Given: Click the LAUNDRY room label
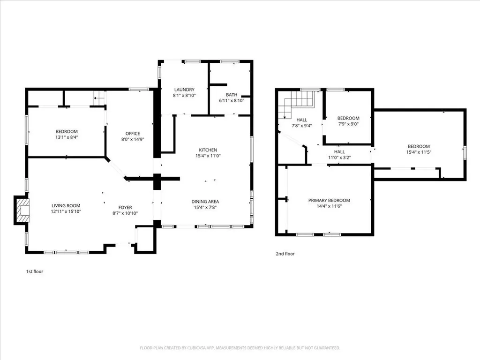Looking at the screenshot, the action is point(184,90).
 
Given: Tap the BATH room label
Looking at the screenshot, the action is point(232,95).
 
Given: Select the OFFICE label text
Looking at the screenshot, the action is point(133,134).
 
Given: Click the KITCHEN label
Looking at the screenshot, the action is point(208,150).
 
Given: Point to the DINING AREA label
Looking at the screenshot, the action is point(205,202).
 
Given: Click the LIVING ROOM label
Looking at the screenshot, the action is point(66,206).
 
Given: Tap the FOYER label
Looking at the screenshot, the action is point(125,208).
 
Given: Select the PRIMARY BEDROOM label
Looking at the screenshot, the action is point(329,201).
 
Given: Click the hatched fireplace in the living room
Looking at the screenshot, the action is point(23,210).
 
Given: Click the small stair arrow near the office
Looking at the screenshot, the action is point(98,98).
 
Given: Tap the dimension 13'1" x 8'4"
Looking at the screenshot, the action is point(67,137).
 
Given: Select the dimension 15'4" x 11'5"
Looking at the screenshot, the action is point(419,152).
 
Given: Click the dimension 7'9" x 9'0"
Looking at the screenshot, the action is point(348,124).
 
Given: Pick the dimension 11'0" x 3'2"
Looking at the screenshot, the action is point(339,157).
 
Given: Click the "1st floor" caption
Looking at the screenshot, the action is point(35,271).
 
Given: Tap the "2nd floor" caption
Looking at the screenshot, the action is point(285,254).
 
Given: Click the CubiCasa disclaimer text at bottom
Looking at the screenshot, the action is point(240,348).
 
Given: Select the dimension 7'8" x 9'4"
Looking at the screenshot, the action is point(301,126).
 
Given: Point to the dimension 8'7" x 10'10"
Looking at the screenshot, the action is point(125,213).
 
